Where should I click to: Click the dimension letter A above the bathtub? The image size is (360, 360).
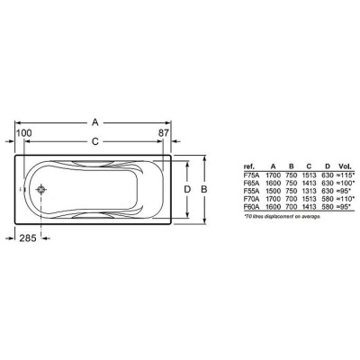point(95,122)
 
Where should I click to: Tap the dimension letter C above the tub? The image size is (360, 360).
point(95,141)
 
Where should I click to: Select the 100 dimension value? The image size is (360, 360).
point(24,133)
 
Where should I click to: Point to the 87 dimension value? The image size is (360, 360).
point(164,133)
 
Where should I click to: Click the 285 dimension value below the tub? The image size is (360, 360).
point(28,238)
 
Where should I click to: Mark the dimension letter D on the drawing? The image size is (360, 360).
point(187,189)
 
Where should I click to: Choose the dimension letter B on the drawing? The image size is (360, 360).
point(204,189)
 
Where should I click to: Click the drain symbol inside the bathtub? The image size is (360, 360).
point(41,189)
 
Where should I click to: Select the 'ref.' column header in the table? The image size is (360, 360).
point(249,166)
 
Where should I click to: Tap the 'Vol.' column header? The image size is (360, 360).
point(345,166)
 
